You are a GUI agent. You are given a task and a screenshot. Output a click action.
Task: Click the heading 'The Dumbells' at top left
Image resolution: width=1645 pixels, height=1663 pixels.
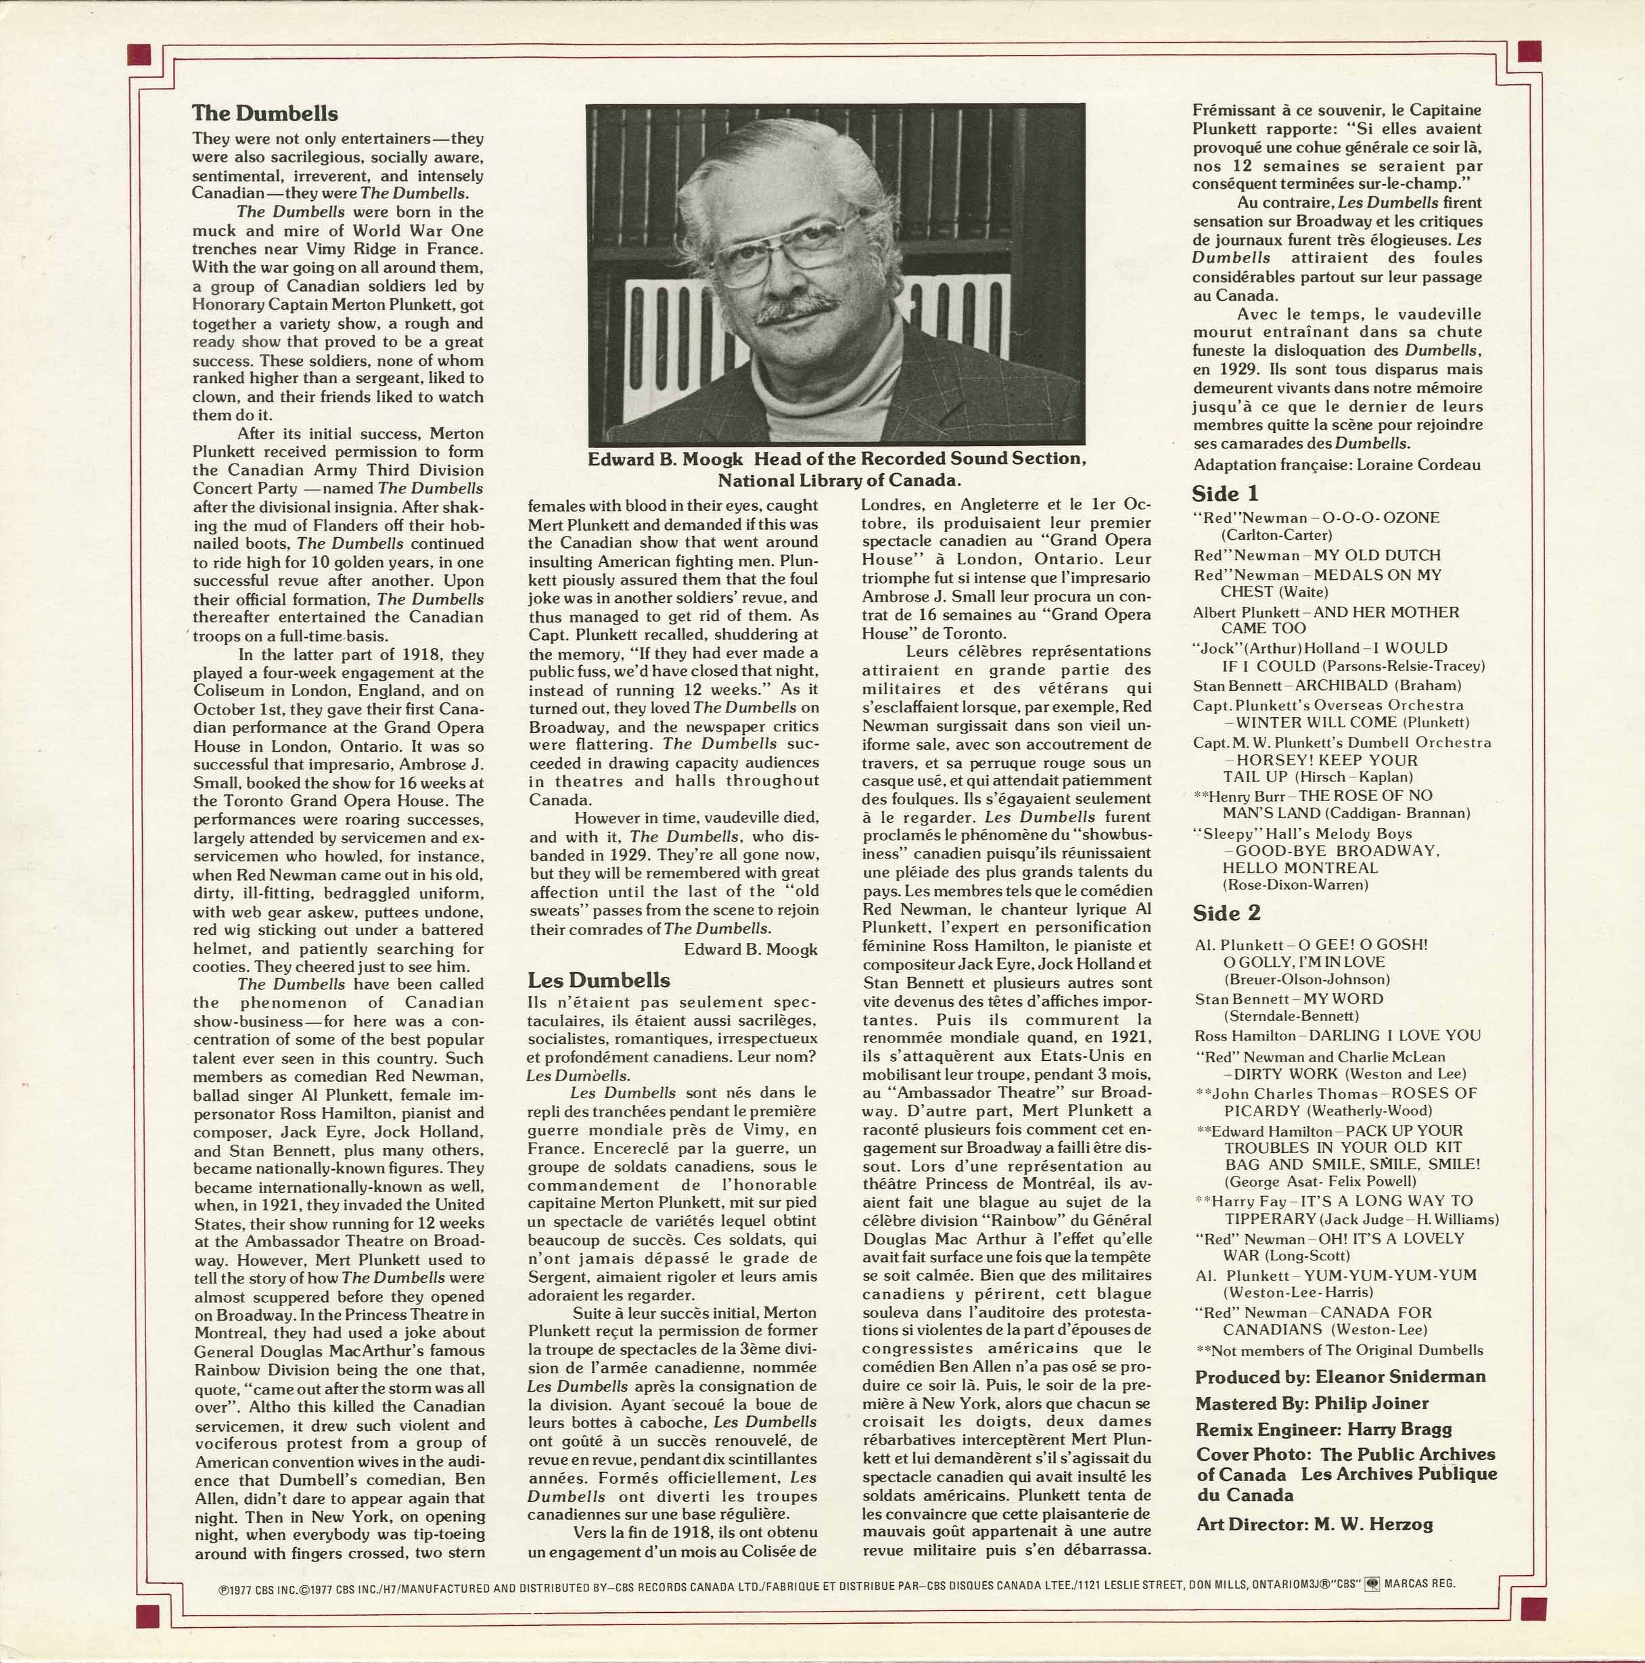[265, 114]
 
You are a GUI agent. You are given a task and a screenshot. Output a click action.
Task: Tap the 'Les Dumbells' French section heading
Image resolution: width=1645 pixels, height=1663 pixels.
[599, 980]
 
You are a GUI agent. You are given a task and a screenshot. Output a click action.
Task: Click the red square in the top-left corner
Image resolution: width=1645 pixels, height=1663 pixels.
[139, 54]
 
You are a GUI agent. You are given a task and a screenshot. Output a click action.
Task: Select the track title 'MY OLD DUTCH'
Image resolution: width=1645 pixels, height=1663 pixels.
[1376, 556]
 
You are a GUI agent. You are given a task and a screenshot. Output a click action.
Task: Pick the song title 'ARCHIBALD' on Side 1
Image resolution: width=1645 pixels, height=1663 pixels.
[1341, 686]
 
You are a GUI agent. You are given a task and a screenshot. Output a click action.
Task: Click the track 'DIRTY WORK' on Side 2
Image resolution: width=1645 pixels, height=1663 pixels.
[1287, 1074]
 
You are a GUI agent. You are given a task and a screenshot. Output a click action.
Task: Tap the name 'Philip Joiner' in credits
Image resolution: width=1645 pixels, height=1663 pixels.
[1372, 1403]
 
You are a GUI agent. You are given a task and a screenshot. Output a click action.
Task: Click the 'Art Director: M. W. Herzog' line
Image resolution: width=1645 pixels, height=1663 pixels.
[1315, 1524]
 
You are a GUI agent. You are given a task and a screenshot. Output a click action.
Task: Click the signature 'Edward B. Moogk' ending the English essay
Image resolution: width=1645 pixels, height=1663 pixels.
[751, 949]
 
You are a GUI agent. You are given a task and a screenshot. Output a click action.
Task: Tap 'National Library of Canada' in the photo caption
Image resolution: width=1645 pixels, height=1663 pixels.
[839, 480]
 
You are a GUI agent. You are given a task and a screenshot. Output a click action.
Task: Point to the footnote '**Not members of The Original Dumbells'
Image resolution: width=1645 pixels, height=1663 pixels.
[1339, 1350]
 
